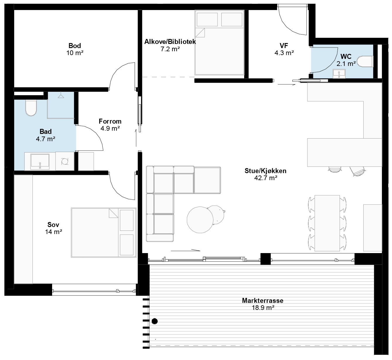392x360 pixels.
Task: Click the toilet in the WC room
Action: point(365,62)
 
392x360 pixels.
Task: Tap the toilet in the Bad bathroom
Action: point(31,108)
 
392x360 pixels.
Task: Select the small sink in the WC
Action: point(339,74)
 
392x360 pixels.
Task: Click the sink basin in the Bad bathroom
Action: point(40,161)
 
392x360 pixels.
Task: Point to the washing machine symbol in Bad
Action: point(65,161)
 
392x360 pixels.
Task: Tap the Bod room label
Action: point(75,46)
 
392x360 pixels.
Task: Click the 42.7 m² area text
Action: point(266,178)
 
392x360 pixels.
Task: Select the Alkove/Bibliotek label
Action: point(170,42)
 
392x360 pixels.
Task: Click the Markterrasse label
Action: point(263,301)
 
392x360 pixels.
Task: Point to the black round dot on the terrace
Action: point(155,321)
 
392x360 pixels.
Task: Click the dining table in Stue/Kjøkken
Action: point(327,223)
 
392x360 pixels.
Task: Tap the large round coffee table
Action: point(200,220)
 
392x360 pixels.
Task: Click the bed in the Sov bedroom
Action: point(104,233)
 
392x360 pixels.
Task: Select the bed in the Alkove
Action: point(220,43)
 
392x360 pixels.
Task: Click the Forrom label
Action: point(110,122)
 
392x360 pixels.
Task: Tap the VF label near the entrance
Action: point(284,46)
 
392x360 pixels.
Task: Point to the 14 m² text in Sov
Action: point(54,232)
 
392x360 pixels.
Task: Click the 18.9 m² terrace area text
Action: point(263,308)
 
